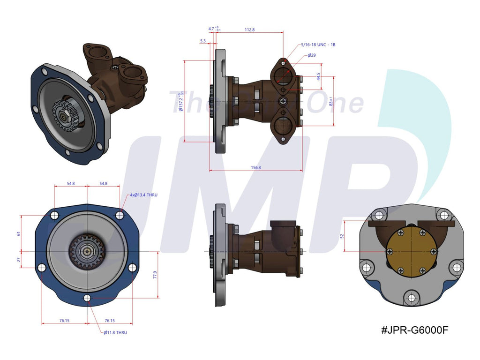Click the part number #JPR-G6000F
click(x=415, y=330)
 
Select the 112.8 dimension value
click(x=249, y=30)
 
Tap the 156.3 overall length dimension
click(x=255, y=167)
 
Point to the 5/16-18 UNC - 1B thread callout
click(x=317, y=45)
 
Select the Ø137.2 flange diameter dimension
click(x=181, y=101)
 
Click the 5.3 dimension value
click(x=202, y=41)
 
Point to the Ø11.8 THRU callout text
click(x=115, y=332)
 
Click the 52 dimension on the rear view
click(x=342, y=236)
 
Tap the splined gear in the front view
click(x=87, y=252)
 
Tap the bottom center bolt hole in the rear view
click(x=411, y=298)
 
